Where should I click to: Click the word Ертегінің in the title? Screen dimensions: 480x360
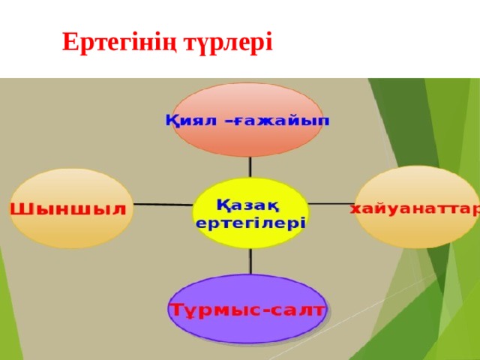pos(119,43)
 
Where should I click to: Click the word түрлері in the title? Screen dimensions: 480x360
pos(228,43)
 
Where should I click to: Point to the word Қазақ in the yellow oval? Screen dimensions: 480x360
pos(248,205)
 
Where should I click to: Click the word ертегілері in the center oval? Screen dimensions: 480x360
pos(250,223)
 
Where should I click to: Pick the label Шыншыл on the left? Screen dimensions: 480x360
pos(68,209)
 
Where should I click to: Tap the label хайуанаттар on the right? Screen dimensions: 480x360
pos(415,209)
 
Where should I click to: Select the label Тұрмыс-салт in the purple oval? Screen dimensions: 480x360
pos(247,310)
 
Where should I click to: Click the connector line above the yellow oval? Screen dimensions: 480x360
pos(250,167)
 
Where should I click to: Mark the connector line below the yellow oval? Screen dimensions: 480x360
pos(250,261)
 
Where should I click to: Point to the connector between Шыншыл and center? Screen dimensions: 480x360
pos(163,204)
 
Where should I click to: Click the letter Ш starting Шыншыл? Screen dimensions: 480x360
pos(18,209)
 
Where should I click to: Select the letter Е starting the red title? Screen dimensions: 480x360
pos(70,41)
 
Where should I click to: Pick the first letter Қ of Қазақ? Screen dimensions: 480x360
pos(223,205)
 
